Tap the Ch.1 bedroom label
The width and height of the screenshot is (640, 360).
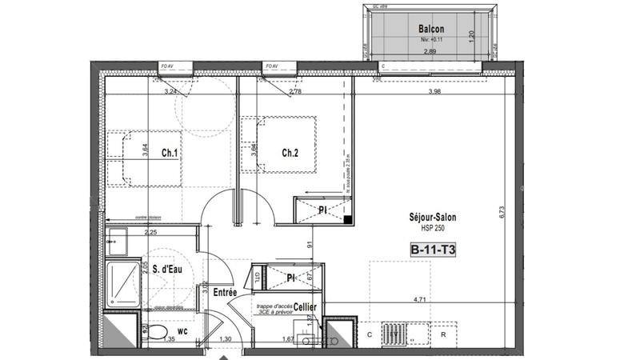(x=168, y=153)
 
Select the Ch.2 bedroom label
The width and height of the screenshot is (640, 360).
(x=290, y=153)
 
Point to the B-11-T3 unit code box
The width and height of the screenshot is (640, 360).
(x=432, y=249)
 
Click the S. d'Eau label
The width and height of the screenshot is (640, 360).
(x=169, y=270)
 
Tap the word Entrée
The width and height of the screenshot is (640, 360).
(x=225, y=294)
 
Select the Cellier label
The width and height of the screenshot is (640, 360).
(x=304, y=307)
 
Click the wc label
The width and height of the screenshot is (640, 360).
(x=182, y=329)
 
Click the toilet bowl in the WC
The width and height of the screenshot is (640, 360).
(x=158, y=332)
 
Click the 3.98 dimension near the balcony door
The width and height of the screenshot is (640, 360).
(x=435, y=92)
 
